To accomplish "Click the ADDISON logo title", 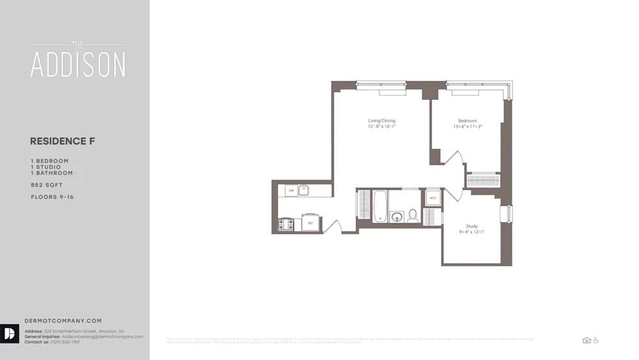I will [78, 64].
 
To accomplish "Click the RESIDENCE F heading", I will [63, 141].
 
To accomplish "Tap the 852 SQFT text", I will [47, 185].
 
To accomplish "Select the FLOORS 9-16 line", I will [52, 197].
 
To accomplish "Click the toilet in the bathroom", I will [413, 215].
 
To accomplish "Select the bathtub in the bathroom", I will [380, 206].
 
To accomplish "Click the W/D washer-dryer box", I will [433, 198].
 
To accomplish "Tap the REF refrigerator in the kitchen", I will [310, 223].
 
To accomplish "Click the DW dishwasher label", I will [291, 191].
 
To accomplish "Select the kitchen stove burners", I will [286, 224].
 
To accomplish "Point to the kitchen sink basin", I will [304, 190].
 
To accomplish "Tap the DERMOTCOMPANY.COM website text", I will [63, 320].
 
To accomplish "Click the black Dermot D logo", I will [10, 334].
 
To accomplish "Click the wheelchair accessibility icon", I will [596, 340].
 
